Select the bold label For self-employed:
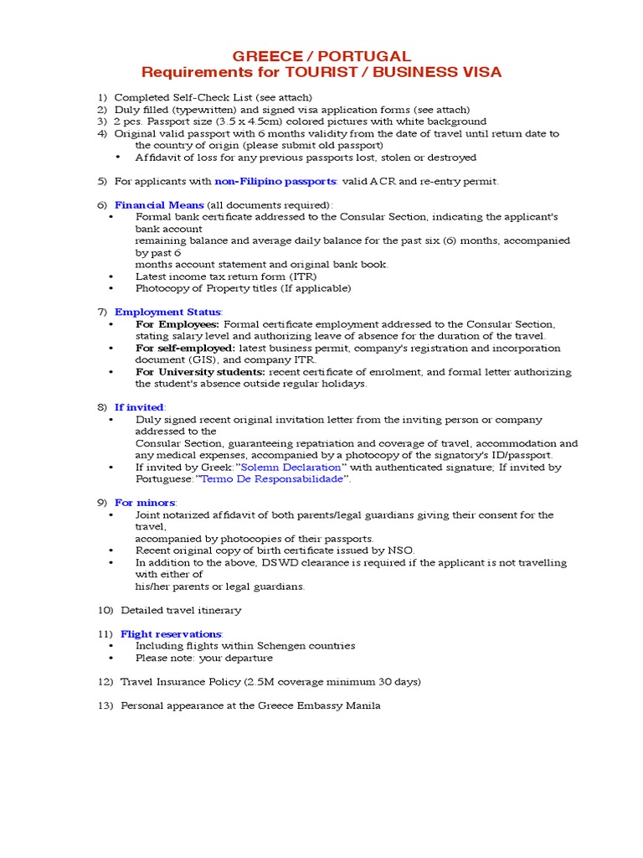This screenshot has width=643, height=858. (x=185, y=348)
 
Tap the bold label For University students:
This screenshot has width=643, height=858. (x=200, y=371)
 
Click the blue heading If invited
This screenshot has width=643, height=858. (x=139, y=407)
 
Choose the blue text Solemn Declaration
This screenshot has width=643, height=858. (x=291, y=467)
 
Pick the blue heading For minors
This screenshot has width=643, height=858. (x=145, y=503)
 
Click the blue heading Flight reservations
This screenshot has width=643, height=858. (x=171, y=633)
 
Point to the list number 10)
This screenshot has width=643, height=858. (x=105, y=610)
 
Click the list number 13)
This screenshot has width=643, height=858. (x=105, y=706)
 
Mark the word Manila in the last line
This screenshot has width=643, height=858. (x=363, y=706)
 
